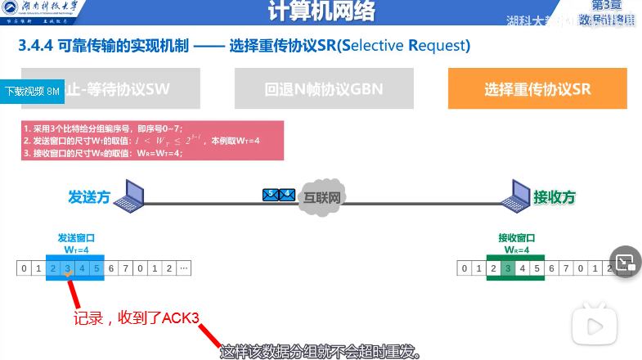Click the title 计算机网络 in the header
pos(320,14)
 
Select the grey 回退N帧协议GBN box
pos(325,88)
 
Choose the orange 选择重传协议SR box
pos(537,88)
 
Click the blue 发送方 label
pos(89,197)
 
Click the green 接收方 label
pos(554,197)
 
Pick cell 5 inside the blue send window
pos(97,268)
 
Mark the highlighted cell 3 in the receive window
pos(508,268)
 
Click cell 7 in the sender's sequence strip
pos(125,268)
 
